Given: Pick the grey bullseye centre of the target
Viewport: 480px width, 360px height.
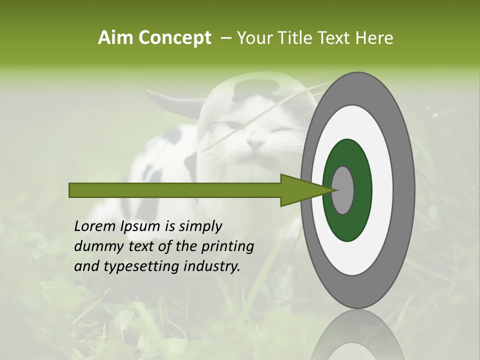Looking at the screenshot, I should (342, 190).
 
